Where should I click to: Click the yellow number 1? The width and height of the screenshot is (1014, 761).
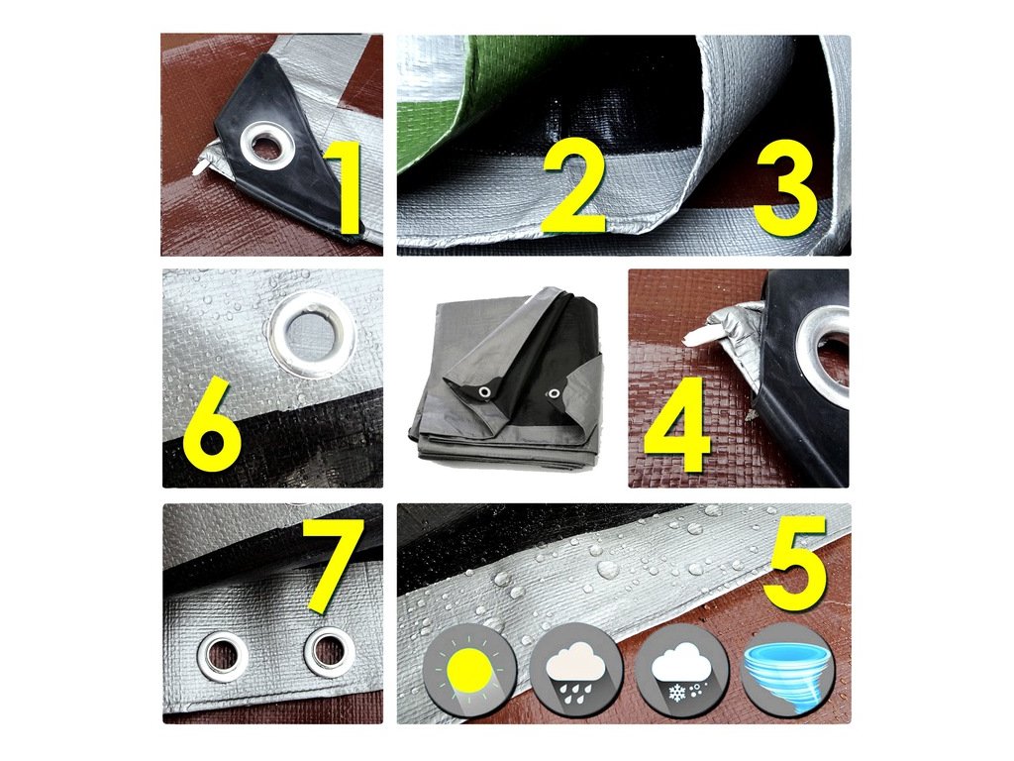click(x=345, y=189)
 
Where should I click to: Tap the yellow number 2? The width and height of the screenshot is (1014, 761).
click(x=574, y=185)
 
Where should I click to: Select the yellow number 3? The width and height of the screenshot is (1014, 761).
click(x=785, y=187)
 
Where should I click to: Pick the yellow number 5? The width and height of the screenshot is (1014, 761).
click(x=795, y=564)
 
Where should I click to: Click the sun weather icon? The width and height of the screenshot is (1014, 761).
click(x=470, y=669)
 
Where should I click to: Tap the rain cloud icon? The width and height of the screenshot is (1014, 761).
click(x=575, y=669)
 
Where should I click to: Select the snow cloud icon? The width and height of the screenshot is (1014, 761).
click(x=681, y=669)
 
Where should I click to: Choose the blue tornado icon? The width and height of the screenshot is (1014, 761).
click(x=787, y=669)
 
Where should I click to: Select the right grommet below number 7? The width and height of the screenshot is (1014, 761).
click(x=329, y=652)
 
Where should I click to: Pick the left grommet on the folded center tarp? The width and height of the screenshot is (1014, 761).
click(x=483, y=392)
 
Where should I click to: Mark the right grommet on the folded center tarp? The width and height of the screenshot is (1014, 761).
click(x=554, y=391)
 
